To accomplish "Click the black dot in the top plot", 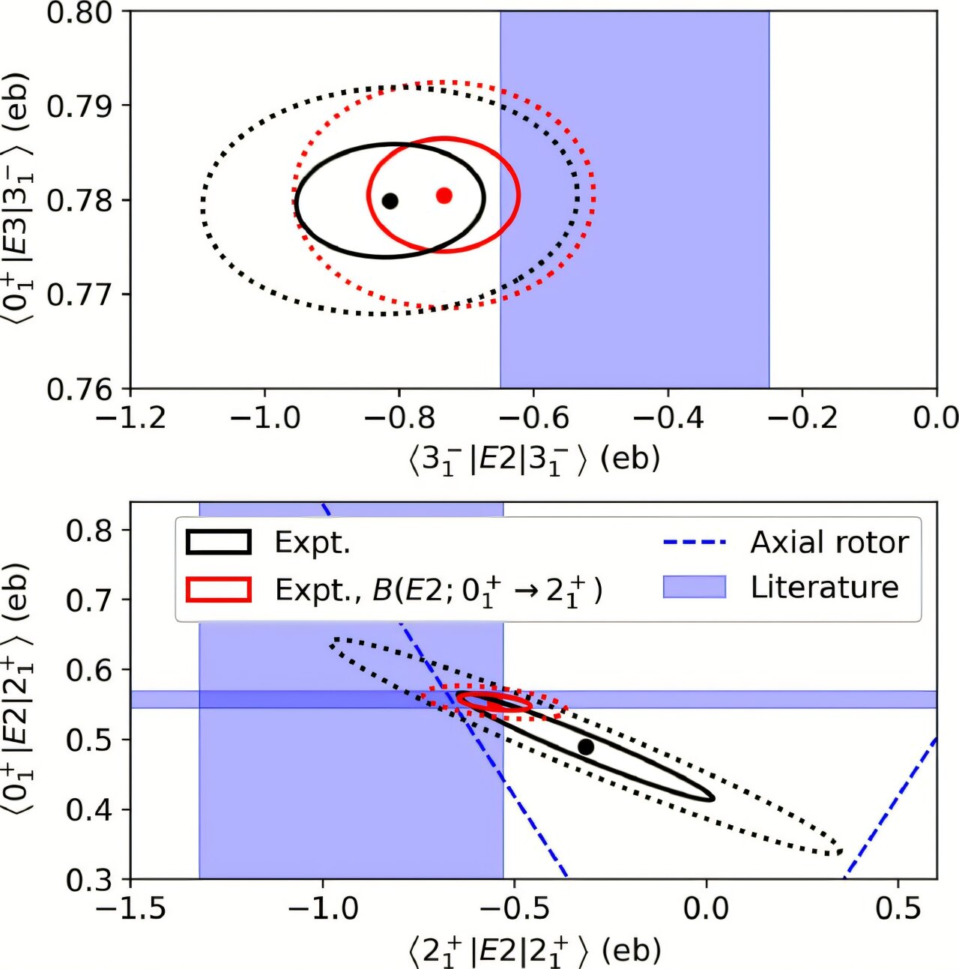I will pos(390,201).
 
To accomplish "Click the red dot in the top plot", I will pos(444,196).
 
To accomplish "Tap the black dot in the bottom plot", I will pos(586,747).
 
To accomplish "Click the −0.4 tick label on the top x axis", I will pos(667,417).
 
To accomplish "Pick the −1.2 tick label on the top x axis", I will pos(131,417).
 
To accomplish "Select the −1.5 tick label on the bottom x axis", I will pos(131,908).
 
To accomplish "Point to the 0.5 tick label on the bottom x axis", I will pos(898,908).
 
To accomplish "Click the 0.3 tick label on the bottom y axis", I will pos(90,879).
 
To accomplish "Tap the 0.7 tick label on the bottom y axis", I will pos(90,600).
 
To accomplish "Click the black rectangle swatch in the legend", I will pos(218,542).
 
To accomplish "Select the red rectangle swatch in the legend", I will pos(218,589).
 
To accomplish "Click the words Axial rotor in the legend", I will pos(829,542).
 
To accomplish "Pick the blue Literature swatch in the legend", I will pos(695,587).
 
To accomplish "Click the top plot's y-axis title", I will pos(19,201).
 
